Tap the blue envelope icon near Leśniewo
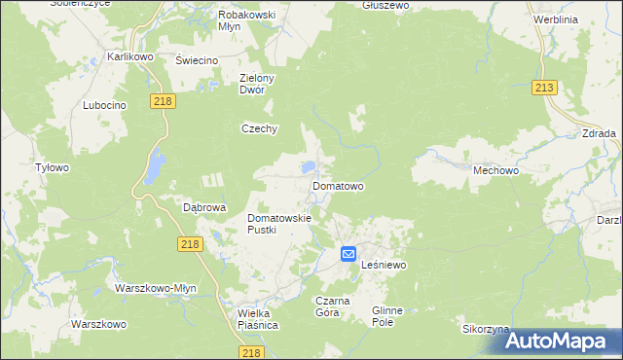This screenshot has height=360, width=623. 348,254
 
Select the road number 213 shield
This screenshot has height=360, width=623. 544,89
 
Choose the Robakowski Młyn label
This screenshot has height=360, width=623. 247,21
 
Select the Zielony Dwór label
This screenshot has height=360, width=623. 258,84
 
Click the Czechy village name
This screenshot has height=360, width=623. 260,128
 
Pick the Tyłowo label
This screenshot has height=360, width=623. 53,167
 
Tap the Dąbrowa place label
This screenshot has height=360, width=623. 204,207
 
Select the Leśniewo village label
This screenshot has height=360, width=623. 383,265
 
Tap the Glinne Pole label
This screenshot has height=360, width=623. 393,315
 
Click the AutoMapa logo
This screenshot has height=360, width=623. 559,341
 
